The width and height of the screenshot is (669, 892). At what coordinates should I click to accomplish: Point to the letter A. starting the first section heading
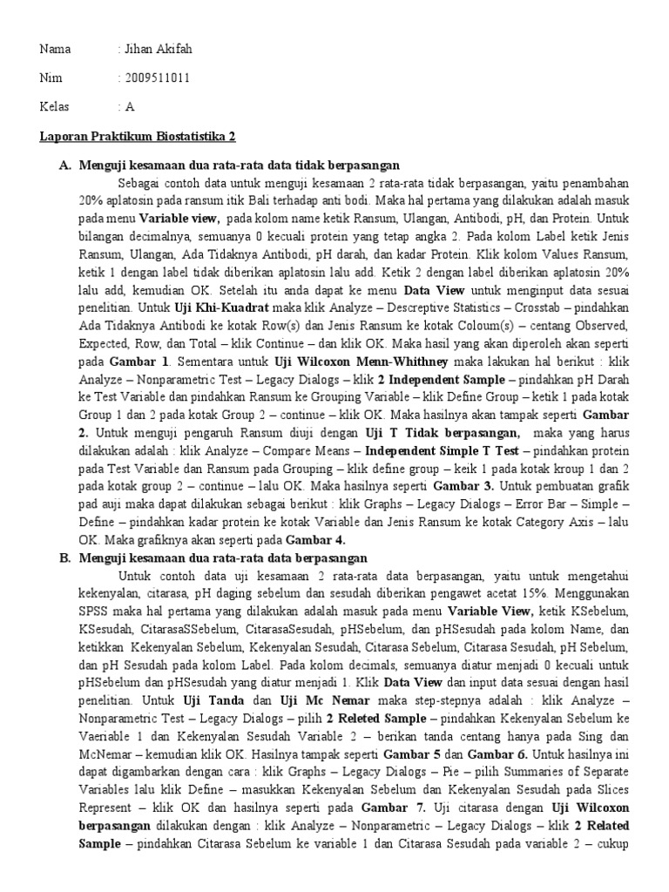pos(66,165)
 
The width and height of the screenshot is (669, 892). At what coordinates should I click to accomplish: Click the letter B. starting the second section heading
pos(66,557)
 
